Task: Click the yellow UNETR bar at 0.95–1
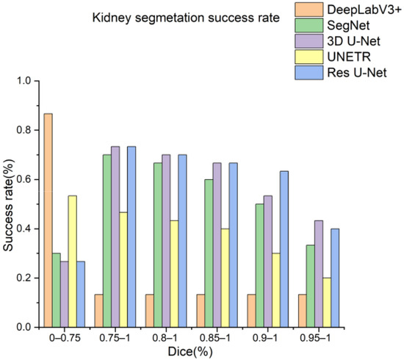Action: tap(328, 302)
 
